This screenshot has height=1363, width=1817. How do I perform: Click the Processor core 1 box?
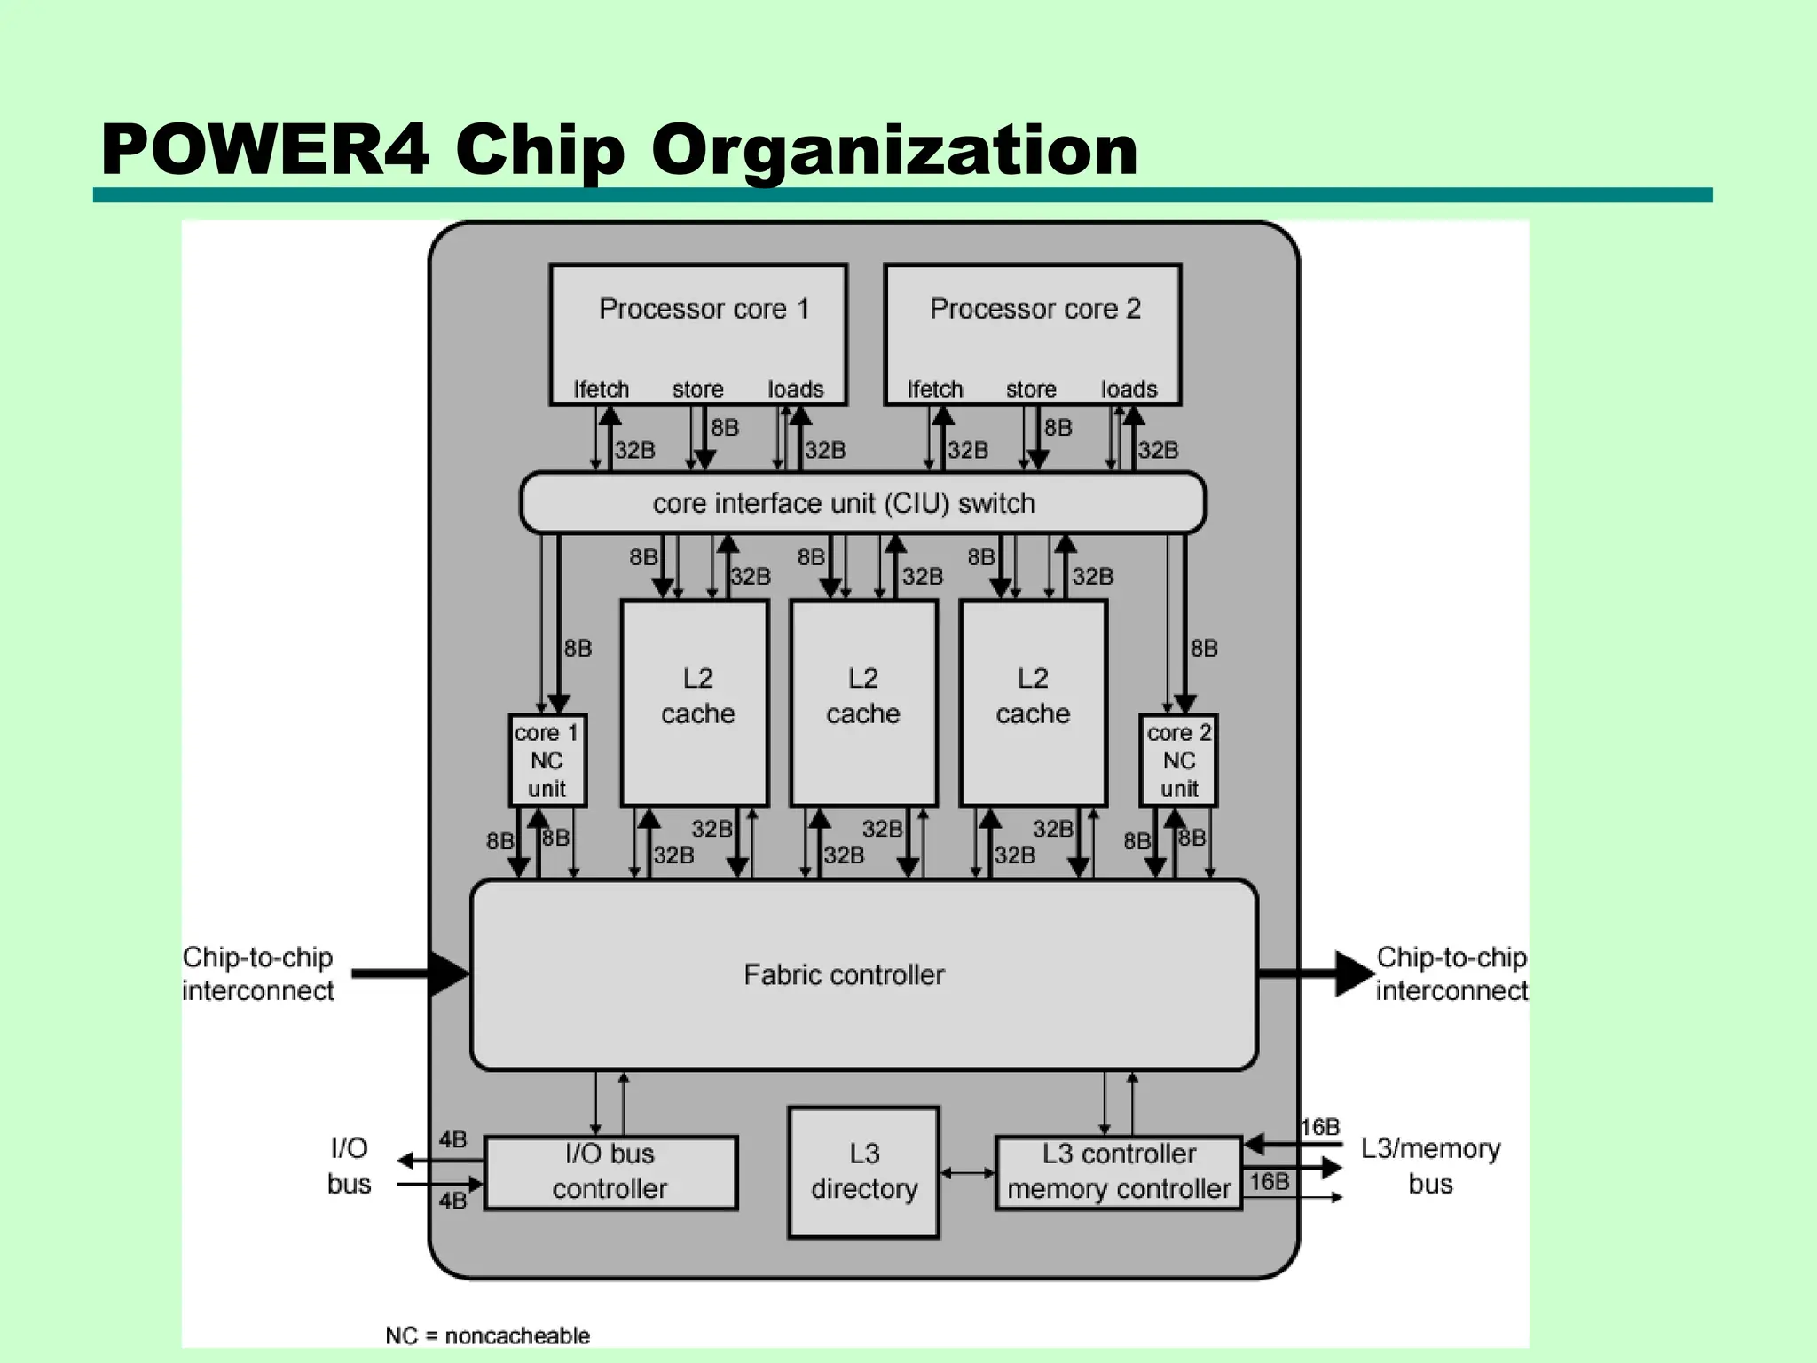point(698,334)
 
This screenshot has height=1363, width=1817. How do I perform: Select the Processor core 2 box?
point(1033,334)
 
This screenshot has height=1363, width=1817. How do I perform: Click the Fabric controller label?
point(844,975)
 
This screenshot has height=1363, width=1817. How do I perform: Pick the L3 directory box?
point(863,1171)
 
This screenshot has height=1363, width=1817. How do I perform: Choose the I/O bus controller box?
point(610,1172)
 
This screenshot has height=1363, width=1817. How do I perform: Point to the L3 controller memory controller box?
point(1119,1172)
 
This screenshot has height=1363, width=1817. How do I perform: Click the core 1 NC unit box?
point(547,760)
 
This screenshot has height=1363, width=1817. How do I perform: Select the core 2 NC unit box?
point(1178,760)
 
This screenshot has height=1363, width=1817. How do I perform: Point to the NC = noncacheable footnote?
point(487,1335)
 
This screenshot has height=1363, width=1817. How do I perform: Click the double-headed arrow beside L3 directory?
point(967,1173)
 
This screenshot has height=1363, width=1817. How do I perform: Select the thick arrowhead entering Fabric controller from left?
point(450,974)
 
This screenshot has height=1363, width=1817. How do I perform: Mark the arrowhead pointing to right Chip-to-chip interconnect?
point(1354,974)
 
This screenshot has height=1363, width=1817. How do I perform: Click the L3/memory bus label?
point(1430,1166)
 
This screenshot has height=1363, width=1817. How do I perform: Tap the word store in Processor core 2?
point(1031,389)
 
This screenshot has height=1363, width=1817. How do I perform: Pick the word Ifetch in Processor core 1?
point(601,389)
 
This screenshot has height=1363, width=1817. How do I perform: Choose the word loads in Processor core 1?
point(796,389)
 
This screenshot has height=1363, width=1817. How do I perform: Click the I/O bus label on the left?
point(349,1166)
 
